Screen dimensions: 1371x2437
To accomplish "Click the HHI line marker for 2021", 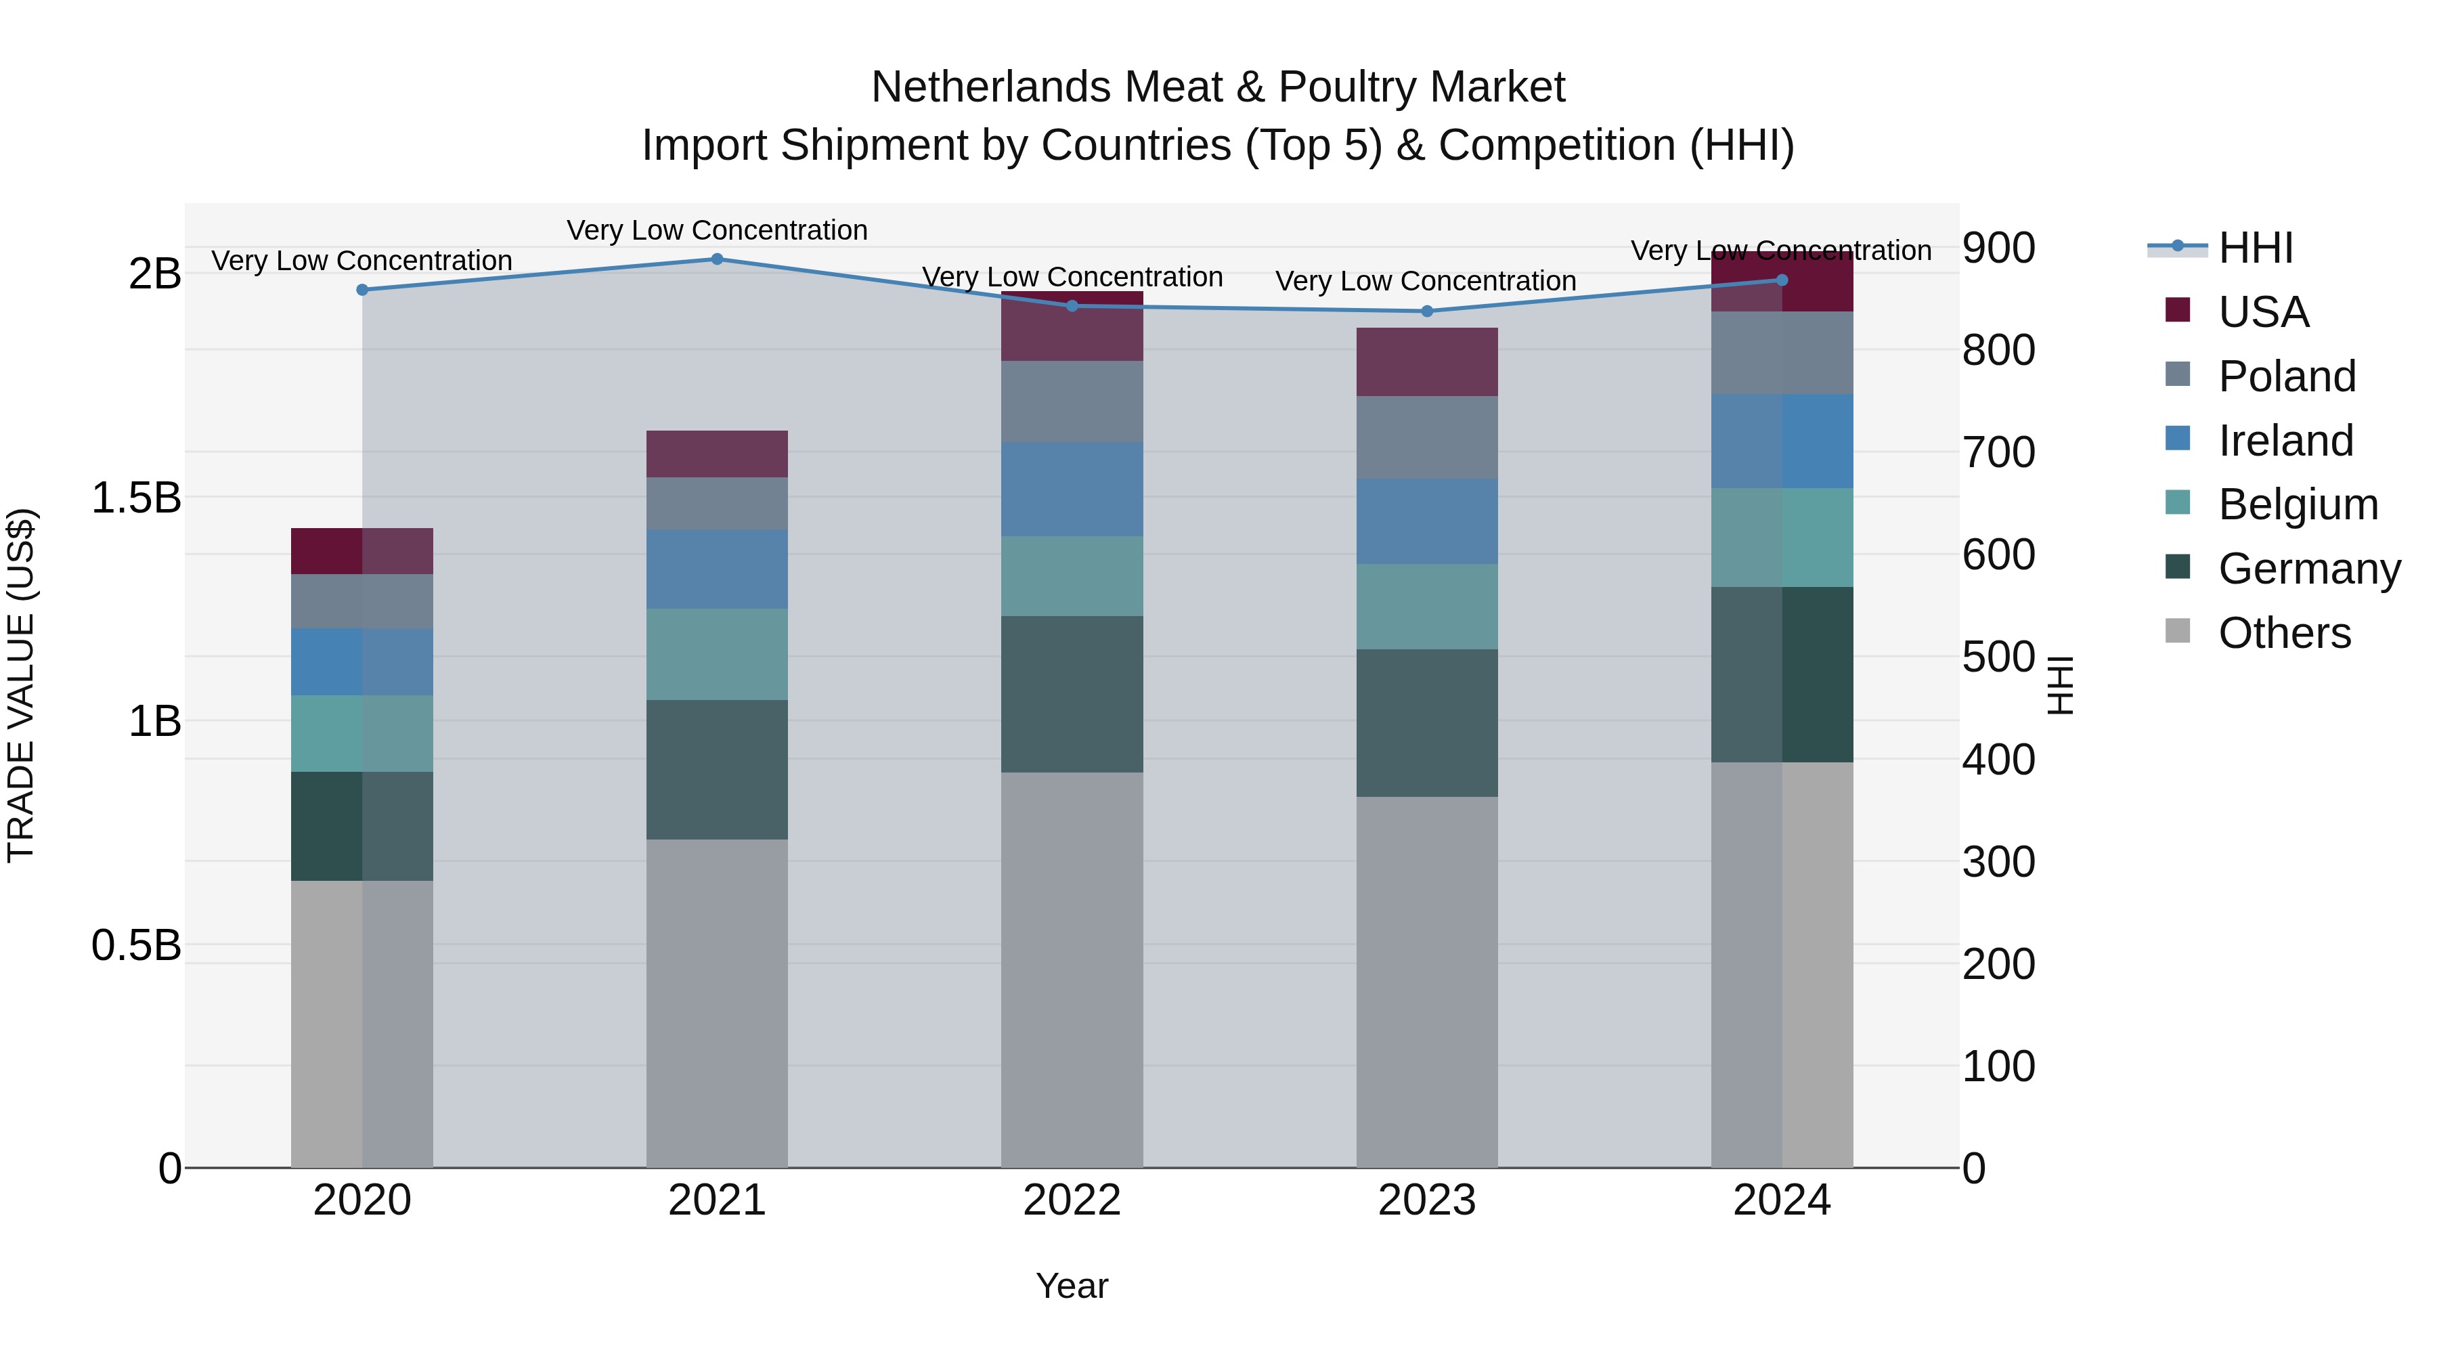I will [x=717, y=259].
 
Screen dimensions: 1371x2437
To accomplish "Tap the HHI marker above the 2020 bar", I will [x=362, y=290].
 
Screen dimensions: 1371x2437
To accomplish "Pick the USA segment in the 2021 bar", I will [x=717, y=454].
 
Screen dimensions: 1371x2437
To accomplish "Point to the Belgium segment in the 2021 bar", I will [x=717, y=654].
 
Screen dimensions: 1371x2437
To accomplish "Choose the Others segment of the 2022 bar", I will [x=1072, y=970].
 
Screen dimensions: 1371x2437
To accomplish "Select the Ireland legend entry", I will [x=2285, y=440].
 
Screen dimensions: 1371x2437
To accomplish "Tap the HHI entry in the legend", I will [x=2256, y=248].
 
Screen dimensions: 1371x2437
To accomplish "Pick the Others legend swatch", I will [x=2178, y=631].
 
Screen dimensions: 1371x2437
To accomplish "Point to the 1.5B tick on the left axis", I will [x=136, y=498].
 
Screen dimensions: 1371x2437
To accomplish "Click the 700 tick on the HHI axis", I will [x=1998, y=452].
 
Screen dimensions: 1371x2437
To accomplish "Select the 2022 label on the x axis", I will [x=1072, y=1200].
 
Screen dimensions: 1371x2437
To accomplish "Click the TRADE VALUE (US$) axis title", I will [x=21, y=685].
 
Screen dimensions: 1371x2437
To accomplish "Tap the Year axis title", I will [x=1072, y=1286].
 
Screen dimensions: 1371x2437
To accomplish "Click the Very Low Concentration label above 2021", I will [x=717, y=230].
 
